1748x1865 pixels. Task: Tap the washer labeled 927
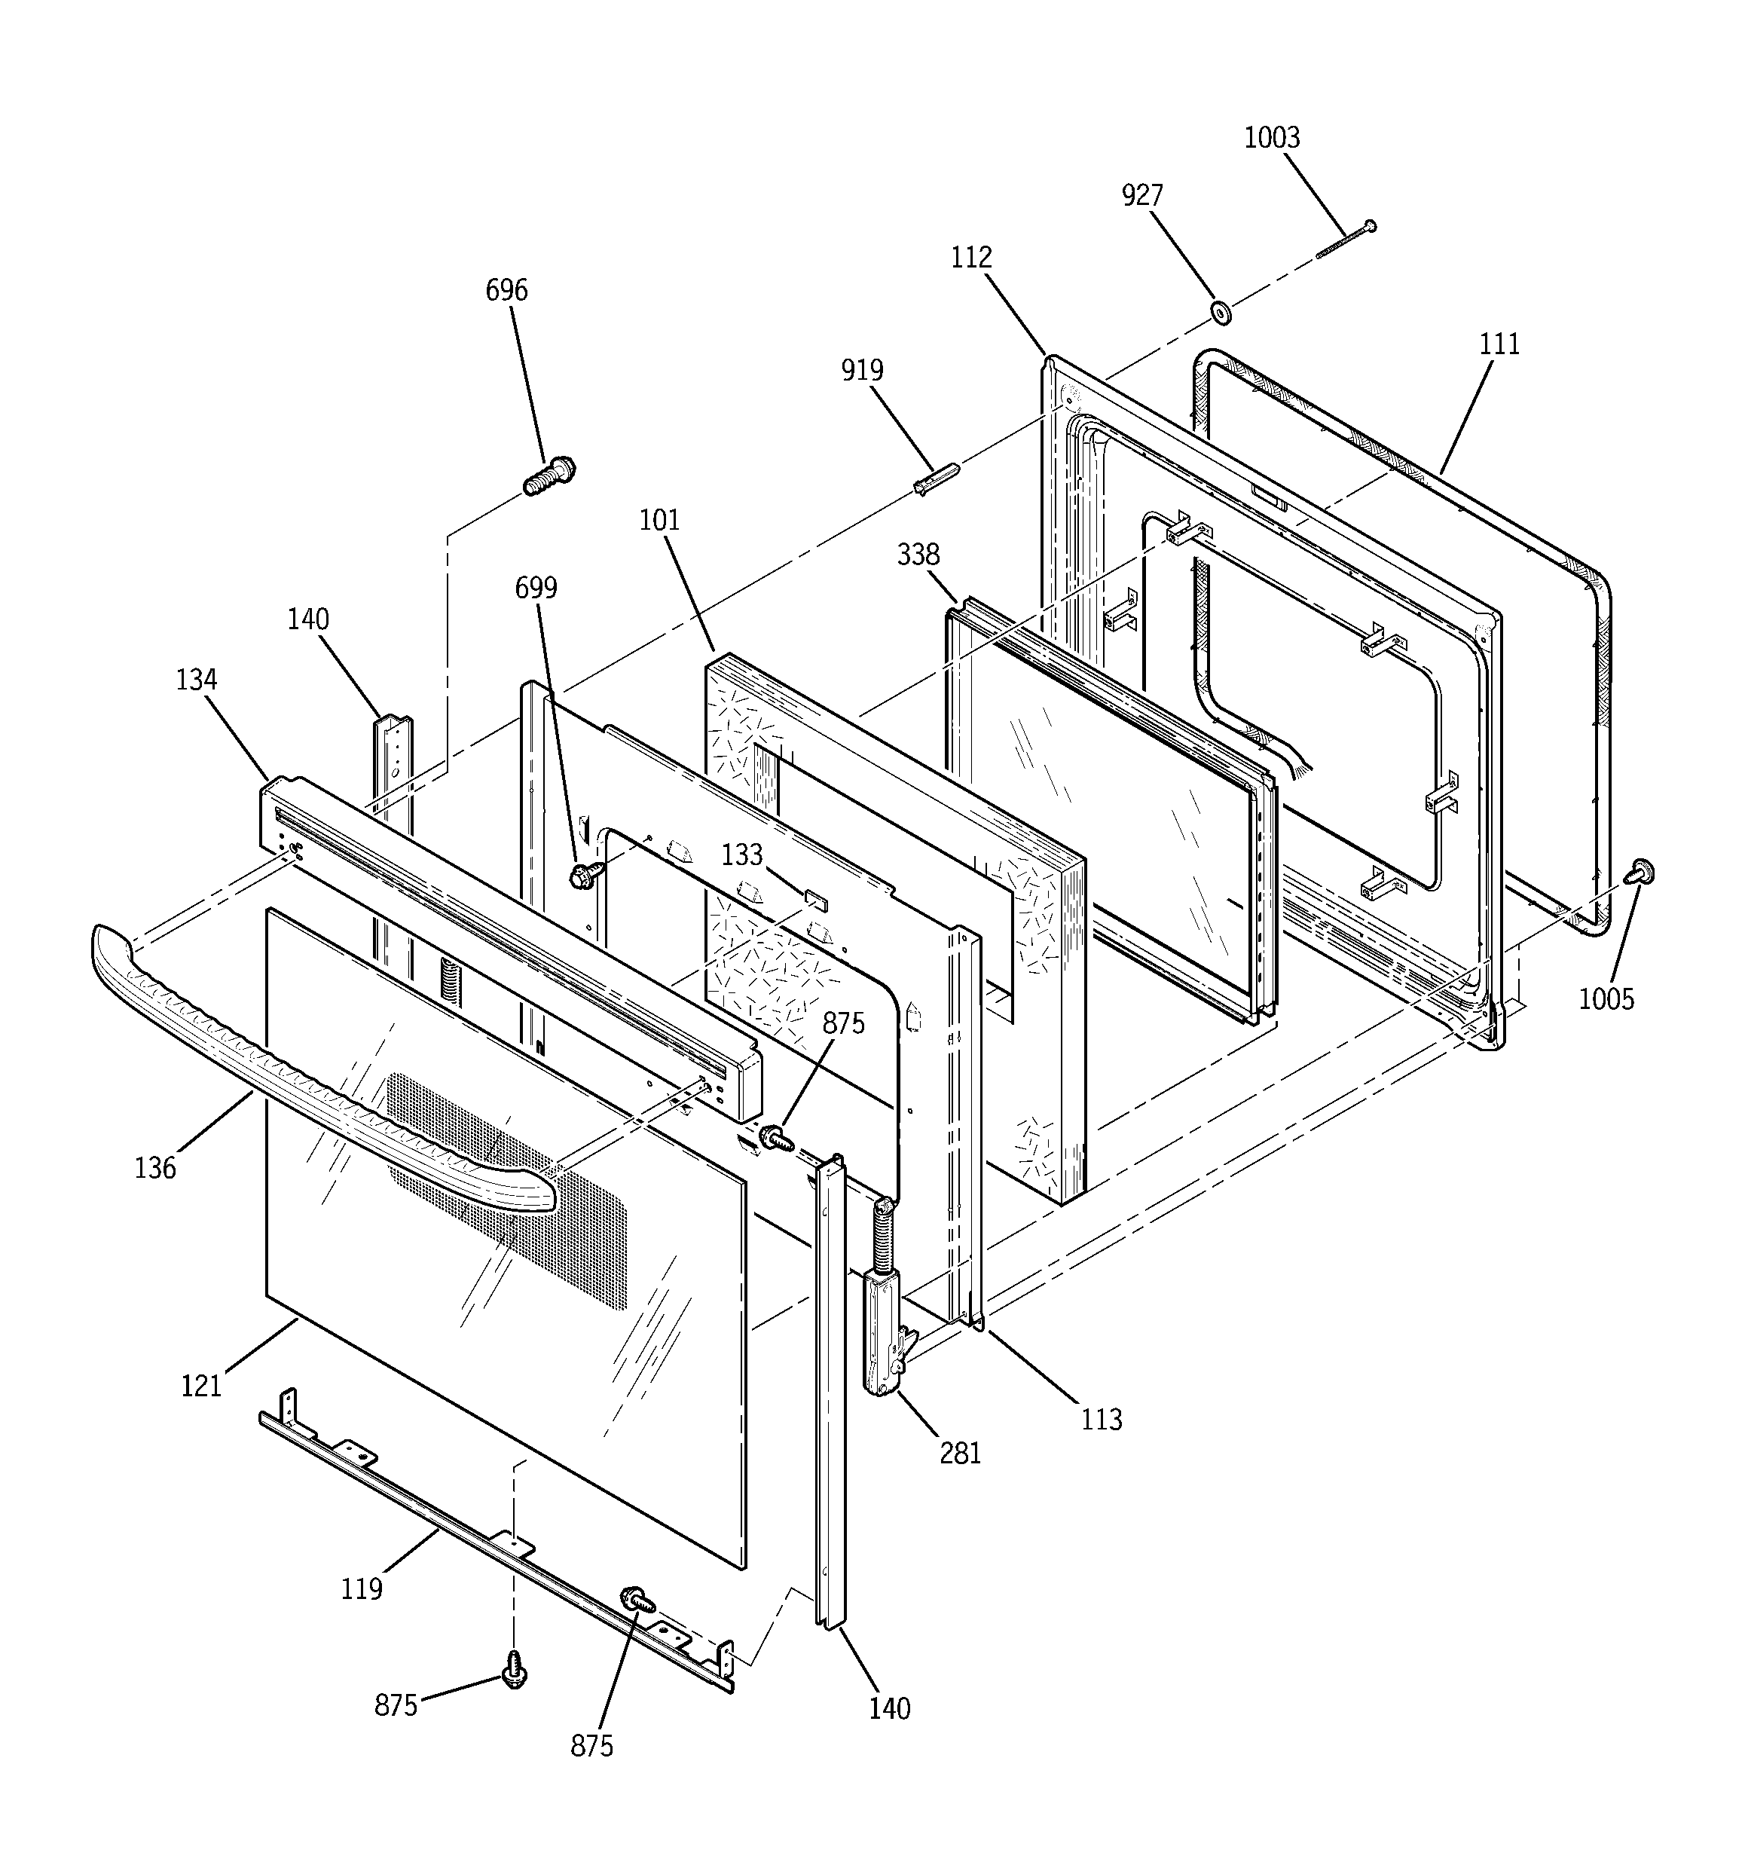tap(1221, 311)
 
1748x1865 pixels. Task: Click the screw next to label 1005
tap(1641, 872)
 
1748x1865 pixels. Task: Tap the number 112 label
tap(971, 257)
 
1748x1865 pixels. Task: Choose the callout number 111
tap(1499, 344)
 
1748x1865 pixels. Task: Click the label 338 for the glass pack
tap(918, 555)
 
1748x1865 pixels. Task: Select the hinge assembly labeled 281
tap(883, 1332)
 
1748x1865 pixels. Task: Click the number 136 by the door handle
tap(154, 1168)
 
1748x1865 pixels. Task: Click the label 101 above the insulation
tap(659, 520)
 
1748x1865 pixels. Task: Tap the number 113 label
tap(1102, 1420)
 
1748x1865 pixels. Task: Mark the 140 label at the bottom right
tap(888, 1708)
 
